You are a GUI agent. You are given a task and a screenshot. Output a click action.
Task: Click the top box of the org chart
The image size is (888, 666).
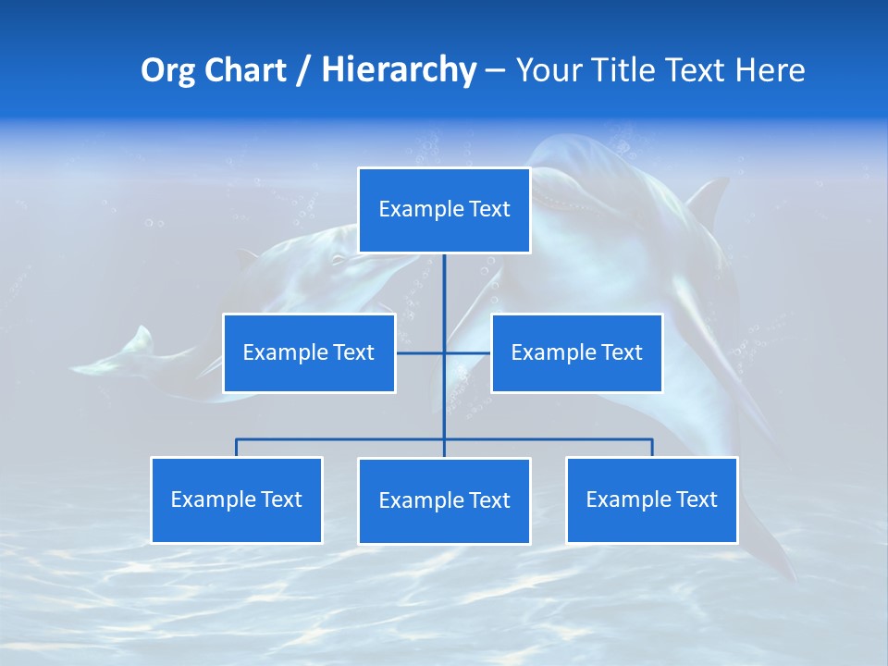pyautogui.click(x=444, y=210)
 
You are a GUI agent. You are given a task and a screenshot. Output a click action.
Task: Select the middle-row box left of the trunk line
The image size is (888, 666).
pyautogui.click(x=309, y=352)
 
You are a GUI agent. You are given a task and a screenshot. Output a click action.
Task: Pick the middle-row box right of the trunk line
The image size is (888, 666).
pyautogui.click(x=576, y=352)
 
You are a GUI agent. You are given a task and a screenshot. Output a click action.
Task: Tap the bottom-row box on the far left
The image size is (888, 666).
pyautogui.click(x=236, y=499)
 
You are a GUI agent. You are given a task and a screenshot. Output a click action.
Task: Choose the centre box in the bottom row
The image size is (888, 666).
pyautogui.click(x=444, y=500)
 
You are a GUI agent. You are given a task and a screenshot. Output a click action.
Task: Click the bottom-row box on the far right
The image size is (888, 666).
pyautogui.click(x=652, y=499)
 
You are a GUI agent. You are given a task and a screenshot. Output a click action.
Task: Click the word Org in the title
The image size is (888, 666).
pyautogui.click(x=166, y=70)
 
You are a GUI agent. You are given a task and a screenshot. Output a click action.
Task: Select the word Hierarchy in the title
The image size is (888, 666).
pyautogui.click(x=399, y=70)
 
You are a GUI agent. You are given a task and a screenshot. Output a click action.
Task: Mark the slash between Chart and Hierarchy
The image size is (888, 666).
pyautogui.click(x=303, y=70)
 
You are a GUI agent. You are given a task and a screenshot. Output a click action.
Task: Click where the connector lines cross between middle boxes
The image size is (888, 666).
pyautogui.click(x=444, y=352)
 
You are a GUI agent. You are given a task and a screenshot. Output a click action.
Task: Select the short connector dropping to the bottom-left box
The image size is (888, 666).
pyautogui.click(x=236, y=448)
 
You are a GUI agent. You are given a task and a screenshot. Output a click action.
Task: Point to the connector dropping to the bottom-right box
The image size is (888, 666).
pyautogui.click(x=652, y=448)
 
